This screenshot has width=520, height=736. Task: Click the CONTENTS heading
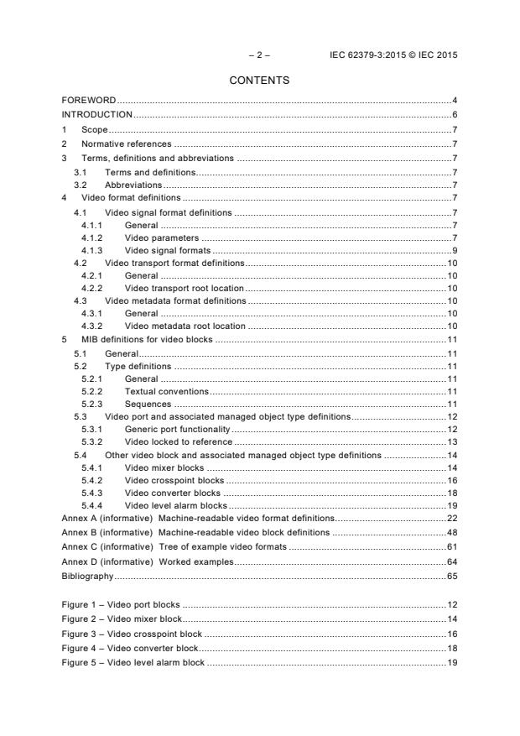pos(259,81)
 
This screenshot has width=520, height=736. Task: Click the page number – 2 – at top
pos(259,55)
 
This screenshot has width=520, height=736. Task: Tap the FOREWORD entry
pos(89,101)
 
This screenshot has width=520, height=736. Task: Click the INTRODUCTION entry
pos(97,114)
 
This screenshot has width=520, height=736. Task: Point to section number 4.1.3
pos(92,250)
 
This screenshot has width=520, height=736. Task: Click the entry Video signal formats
pos(167,250)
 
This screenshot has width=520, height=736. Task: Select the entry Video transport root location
pos(185,287)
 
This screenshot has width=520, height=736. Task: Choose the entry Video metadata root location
pos(185,326)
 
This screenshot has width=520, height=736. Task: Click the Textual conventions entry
pos(167,391)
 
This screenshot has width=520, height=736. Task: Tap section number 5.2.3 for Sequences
pos(92,404)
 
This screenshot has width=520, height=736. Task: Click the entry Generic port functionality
pos(179,430)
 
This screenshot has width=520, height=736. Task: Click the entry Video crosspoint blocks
pos(174,481)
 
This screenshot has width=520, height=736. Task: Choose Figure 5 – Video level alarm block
pos(133,663)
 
